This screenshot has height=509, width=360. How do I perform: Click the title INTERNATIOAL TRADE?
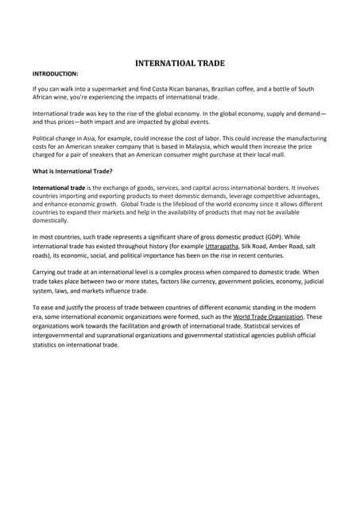click(x=180, y=63)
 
